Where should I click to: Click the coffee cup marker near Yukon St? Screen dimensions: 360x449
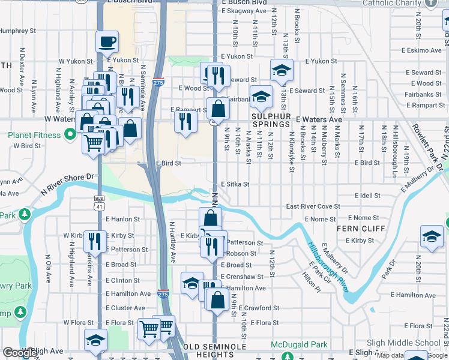point(107,42)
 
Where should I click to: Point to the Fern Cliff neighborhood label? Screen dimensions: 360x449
point(358,229)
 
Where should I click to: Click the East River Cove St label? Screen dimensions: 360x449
point(313,206)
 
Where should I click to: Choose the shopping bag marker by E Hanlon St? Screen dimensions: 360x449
point(210,218)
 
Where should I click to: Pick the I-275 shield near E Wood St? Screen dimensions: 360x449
point(158,82)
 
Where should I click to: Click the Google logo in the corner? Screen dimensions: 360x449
point(20,353)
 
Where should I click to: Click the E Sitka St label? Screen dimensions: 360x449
point(235,185)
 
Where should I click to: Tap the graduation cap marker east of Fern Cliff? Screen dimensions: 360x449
point(432,236)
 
